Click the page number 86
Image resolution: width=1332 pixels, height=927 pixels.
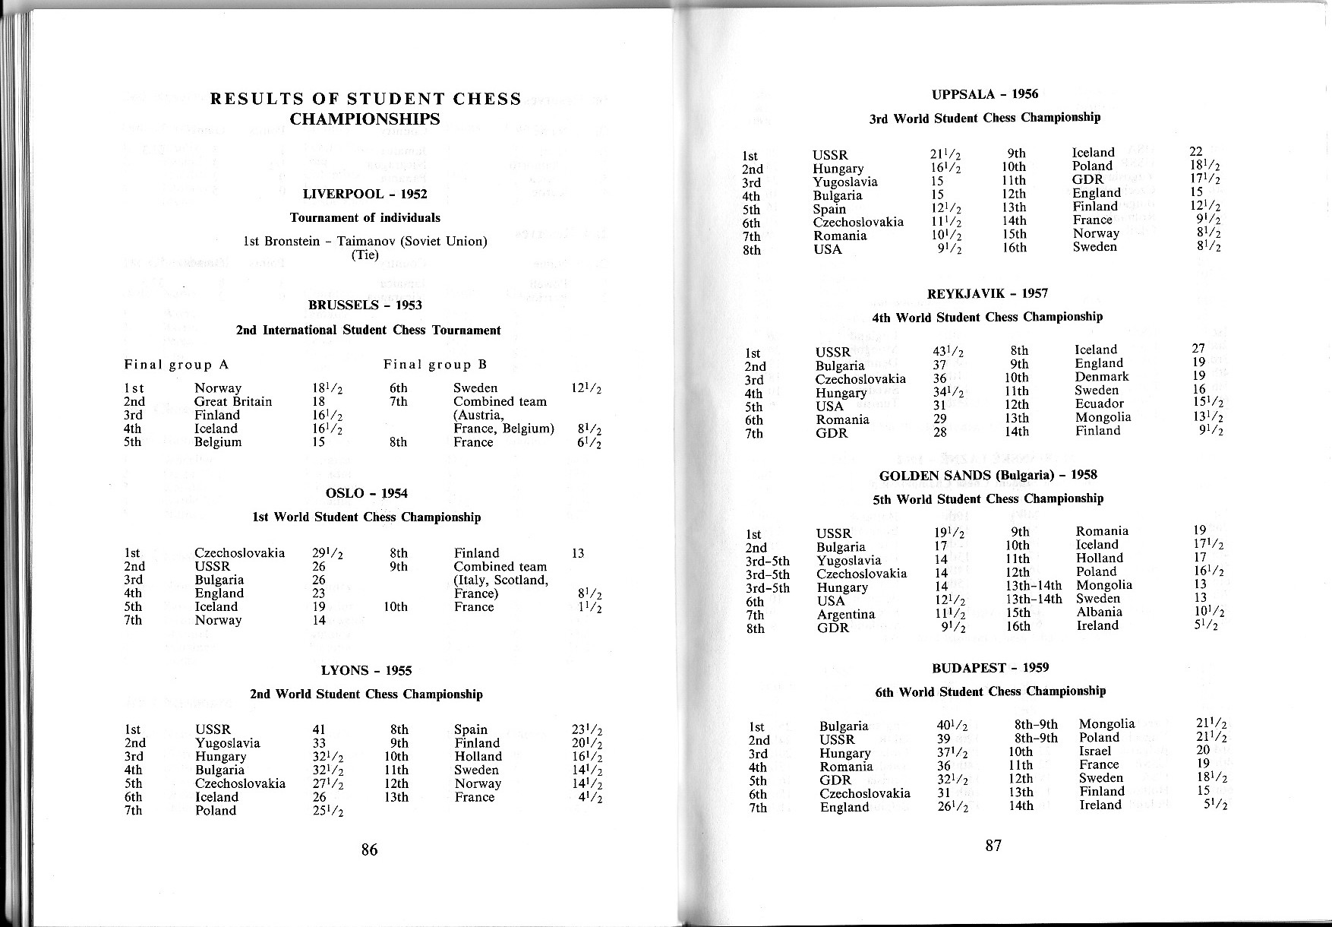pyautogui.click(x=369, y=849)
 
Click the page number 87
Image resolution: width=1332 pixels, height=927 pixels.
pyautogui.click(x=993, y=846)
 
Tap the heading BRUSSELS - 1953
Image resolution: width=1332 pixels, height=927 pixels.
pyautogui.click(x=365, y=305)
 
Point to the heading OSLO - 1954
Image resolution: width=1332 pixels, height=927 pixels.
pyautogui.click(x=366, y=493)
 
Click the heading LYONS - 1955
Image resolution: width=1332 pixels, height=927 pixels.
pyautogui.click(x=366, y=670)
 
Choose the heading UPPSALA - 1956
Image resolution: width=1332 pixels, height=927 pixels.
pyautogui.click(x=984, y=94)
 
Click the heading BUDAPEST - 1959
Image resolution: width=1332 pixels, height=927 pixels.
pyautogui.click(x=990, y=668)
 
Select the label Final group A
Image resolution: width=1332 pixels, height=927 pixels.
pyautogui.click(x=176, y=365)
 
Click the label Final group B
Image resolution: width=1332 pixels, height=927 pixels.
pyautogui.click(x=435, y=365)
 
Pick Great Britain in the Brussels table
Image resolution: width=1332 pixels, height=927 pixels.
pyautogui.click(x=232, y=401)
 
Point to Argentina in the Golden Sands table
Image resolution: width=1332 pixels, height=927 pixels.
pyautogui.click(x=846, y=614)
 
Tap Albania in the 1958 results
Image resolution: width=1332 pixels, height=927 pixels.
pyautogui.click(x=1099, y=612)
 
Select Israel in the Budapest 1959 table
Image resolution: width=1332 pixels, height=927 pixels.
pyautogui.click(x=1094, y=751)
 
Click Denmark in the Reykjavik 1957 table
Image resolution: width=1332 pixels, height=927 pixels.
pyautogui.click(x=1101, y=376)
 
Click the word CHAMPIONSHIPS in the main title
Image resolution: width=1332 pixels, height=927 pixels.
pyautogui.click(x=365, y=119)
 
